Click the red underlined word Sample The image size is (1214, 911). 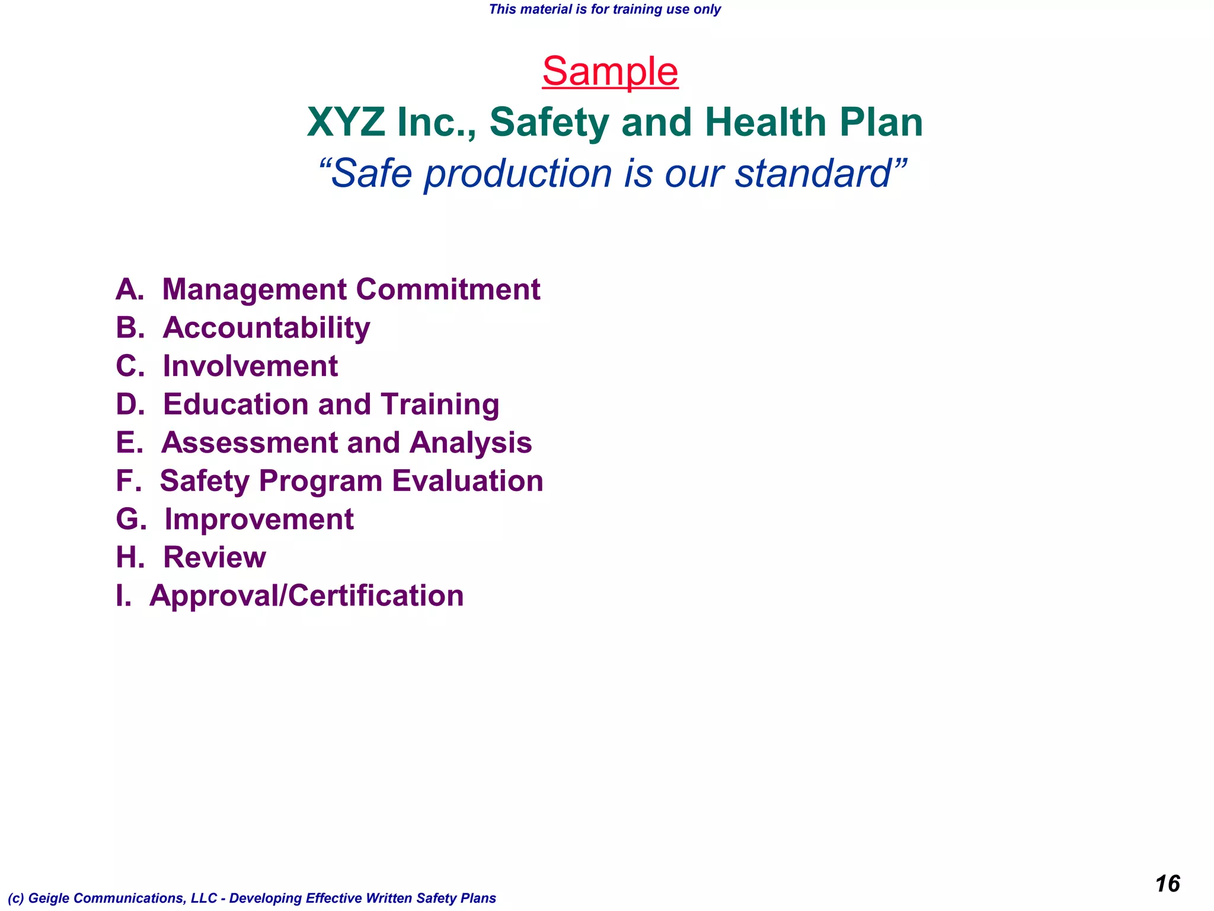pos(610,72)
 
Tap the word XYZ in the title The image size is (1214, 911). pos(346,123)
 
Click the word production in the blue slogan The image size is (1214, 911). pos(517,174)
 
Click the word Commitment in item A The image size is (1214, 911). pos(448,289)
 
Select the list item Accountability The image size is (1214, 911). pos(266,328)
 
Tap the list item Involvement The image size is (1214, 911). pos(250,366)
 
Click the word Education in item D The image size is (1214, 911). pos(235,404)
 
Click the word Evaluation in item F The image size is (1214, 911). pos(468,481)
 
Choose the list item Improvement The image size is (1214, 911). pos(259,520)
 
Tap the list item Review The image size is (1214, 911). pos(215,558)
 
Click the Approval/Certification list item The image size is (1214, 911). pos(306,596)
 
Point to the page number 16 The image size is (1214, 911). pos(1167,884)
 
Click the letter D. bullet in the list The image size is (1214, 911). pos(130,404)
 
